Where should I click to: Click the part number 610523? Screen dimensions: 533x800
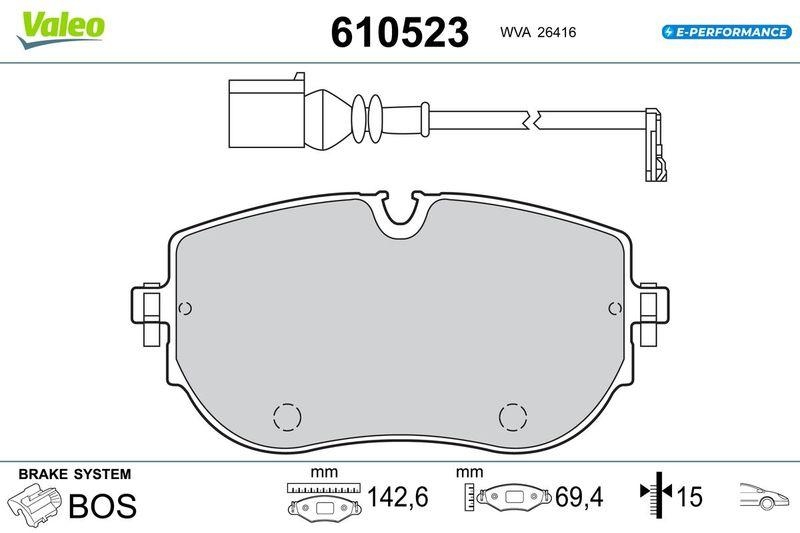(399, 33)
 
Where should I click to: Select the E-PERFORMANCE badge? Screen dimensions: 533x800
(726, 32)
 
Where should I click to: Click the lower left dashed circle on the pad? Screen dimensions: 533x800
(286, 416)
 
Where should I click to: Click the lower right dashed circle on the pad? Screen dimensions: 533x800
(513, 416)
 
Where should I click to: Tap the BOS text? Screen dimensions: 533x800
(101, 506)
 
